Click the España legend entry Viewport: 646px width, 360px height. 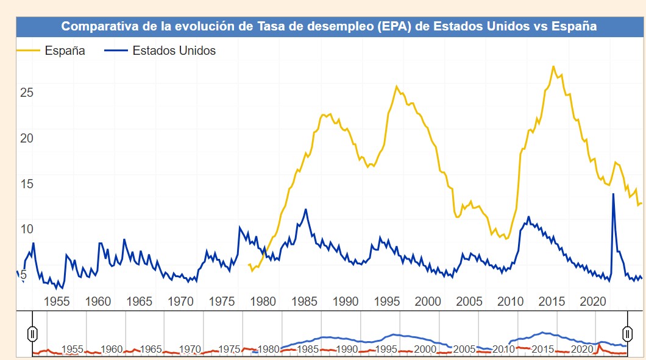[64, 51]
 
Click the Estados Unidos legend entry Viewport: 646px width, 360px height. [174, 51]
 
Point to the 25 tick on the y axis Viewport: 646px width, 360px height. [26, 93]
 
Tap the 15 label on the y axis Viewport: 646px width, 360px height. [26, 184]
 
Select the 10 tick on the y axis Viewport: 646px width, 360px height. [26, 230]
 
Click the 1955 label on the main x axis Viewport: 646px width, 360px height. [57, 302]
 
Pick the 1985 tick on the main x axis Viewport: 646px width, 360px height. [304, 302]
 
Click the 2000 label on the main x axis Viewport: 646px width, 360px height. [428, 302]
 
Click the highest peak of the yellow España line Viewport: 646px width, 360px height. [553, 66]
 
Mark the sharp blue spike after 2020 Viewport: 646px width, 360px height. [613, 194]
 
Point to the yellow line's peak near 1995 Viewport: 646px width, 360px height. [397, 86]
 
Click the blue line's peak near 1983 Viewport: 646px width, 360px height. [305, 210]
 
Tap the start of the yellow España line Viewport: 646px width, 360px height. [249, 265]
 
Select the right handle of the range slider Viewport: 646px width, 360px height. [627, 333]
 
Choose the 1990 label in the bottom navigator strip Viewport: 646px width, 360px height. [347, 350]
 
